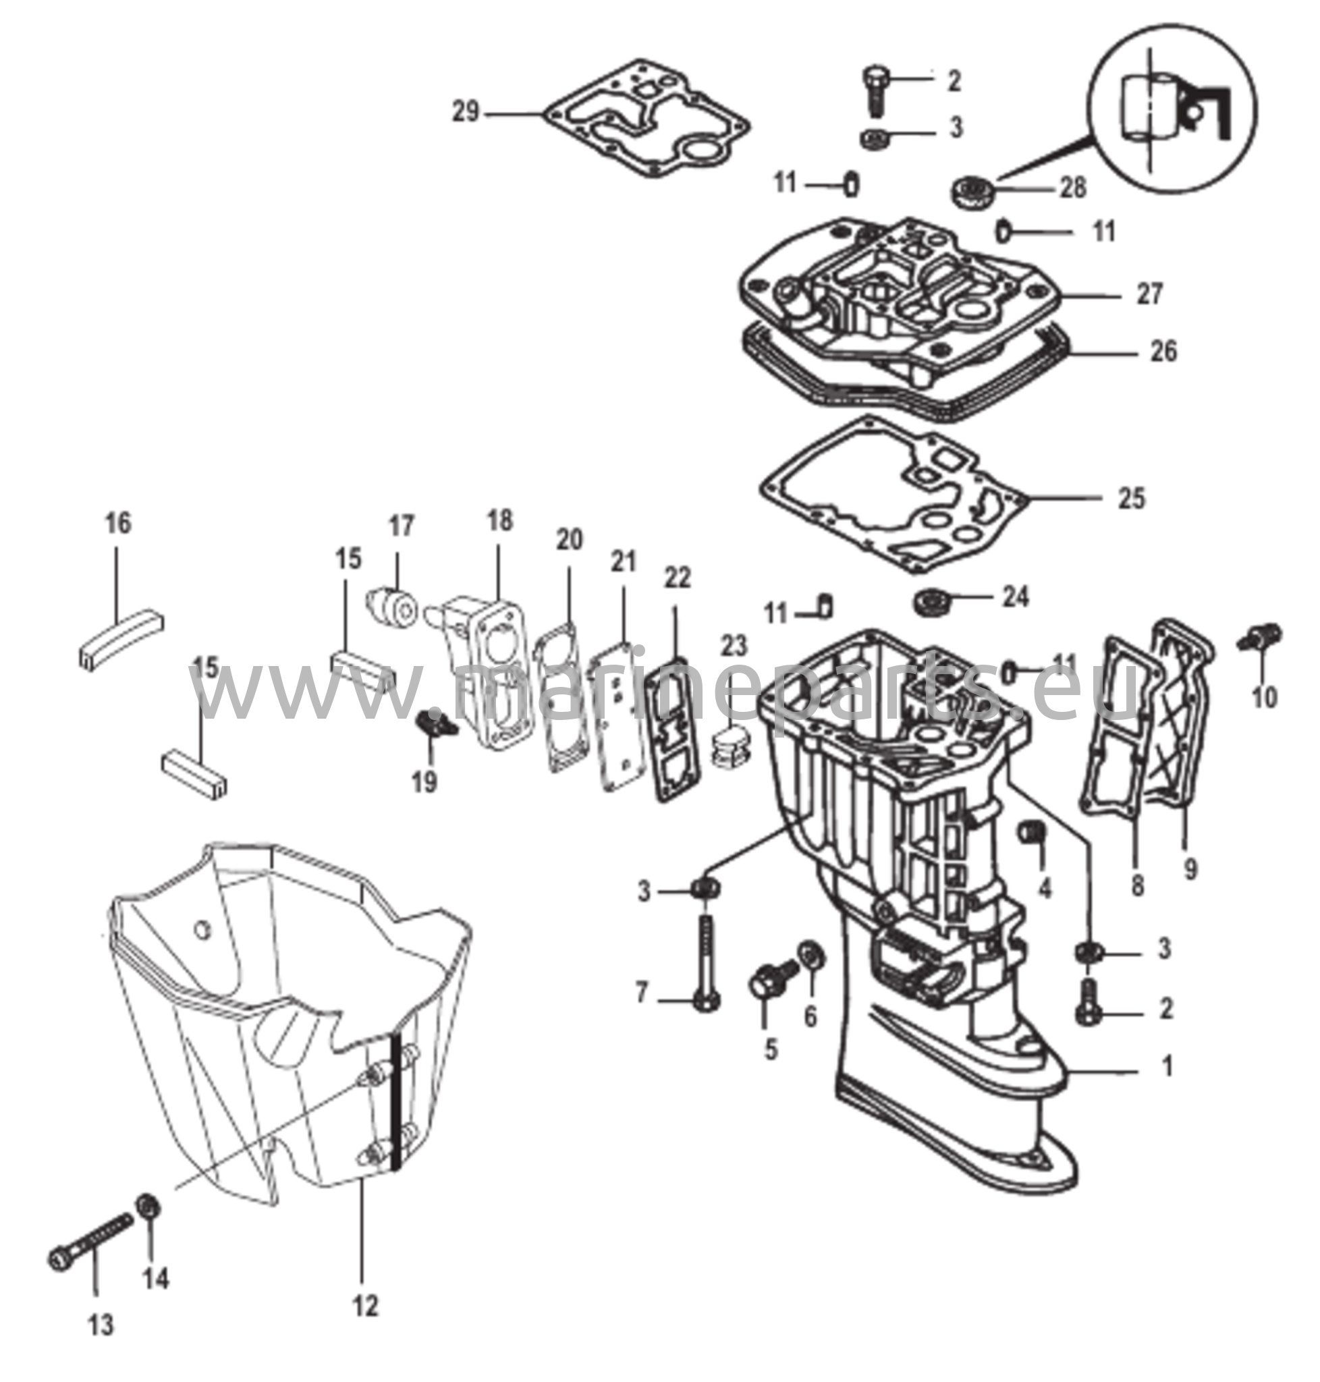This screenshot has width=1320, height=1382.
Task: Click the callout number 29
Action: pyautogui.click(x=465, y=112)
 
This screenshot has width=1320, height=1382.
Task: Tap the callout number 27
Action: pyautogui.click(x=1150, y=294)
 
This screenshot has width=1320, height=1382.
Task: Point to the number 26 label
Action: pyautogui.click(x=1162, y=351)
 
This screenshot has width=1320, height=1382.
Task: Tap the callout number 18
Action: pyautogui.click(x=499, y=522)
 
